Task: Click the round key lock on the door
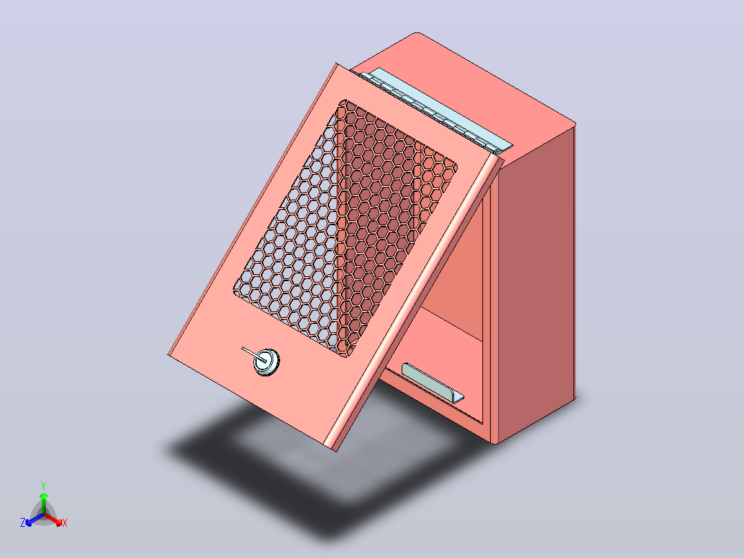266,362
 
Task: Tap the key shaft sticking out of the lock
252,354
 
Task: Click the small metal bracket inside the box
432,383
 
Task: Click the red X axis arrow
53,519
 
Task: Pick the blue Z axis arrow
35,519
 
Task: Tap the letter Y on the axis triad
43,485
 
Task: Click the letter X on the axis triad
65,523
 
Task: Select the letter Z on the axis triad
23,523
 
